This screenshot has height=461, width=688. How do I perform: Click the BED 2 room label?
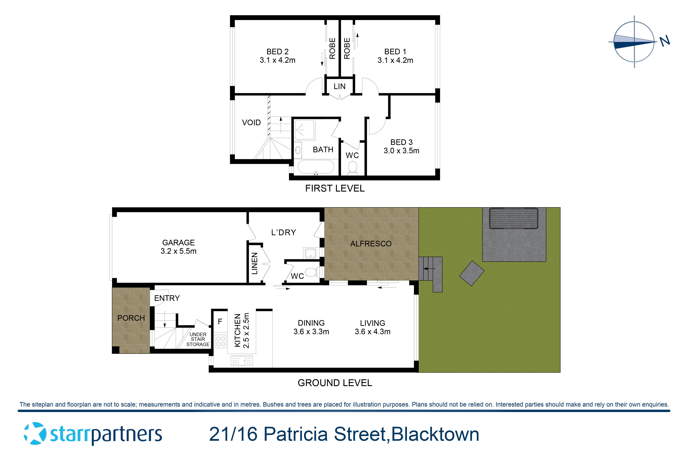click(x=277, y=52)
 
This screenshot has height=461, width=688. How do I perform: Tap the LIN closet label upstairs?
click(x=339, y=86)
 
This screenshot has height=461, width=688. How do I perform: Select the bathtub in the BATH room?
click(x=316, y=167)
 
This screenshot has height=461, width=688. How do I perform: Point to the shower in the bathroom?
click(x=304, y=129)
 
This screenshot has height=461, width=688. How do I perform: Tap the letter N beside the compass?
click(x=664, y=41)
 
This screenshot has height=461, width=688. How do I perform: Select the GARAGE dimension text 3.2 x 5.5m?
click(x=178, y=251)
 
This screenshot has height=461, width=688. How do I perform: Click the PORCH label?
click(x=131, y=318)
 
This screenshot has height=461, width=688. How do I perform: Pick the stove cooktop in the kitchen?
click(x=220, y=341)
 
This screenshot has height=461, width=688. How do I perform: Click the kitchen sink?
click(x=242, y=360)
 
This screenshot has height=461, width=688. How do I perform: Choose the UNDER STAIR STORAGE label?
click(x=198, y=339)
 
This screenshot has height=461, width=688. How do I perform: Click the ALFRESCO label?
click(x=371, y=244)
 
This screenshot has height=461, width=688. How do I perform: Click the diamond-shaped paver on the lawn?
click(x=472, y=273)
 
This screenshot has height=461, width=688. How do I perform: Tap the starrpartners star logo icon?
click(x=35, y=433)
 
